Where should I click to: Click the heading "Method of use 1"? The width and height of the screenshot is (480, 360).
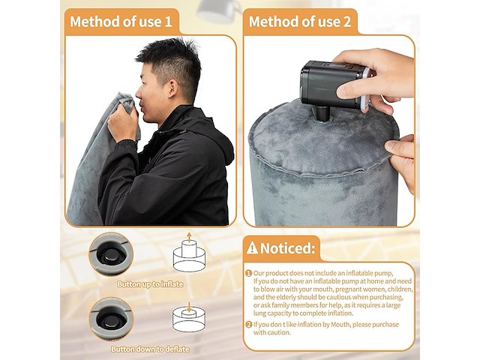[121, 22]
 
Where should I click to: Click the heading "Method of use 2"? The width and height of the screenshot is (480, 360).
[300, 22]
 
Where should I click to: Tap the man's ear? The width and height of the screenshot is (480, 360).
[172, 88]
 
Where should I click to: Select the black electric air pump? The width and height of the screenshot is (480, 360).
[334, 84]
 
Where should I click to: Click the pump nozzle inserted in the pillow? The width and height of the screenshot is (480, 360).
[323, 114]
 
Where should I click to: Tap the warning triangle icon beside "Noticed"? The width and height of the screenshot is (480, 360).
[252, 247]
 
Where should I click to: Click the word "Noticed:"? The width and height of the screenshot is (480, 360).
[287, 248]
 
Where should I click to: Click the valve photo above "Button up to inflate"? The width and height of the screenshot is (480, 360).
[111, 253]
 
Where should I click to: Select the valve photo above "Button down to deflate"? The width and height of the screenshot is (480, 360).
[111, 319]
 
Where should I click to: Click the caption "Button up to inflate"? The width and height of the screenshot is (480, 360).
[150, 284]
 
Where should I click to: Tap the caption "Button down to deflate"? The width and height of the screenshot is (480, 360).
[150, 349]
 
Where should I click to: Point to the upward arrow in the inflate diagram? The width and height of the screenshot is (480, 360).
[189, 237]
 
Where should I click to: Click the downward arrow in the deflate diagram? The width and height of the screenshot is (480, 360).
[189, 307]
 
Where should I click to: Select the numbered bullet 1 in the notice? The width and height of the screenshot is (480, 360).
[248, 273]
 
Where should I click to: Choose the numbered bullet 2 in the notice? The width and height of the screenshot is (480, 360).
[248, 325]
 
